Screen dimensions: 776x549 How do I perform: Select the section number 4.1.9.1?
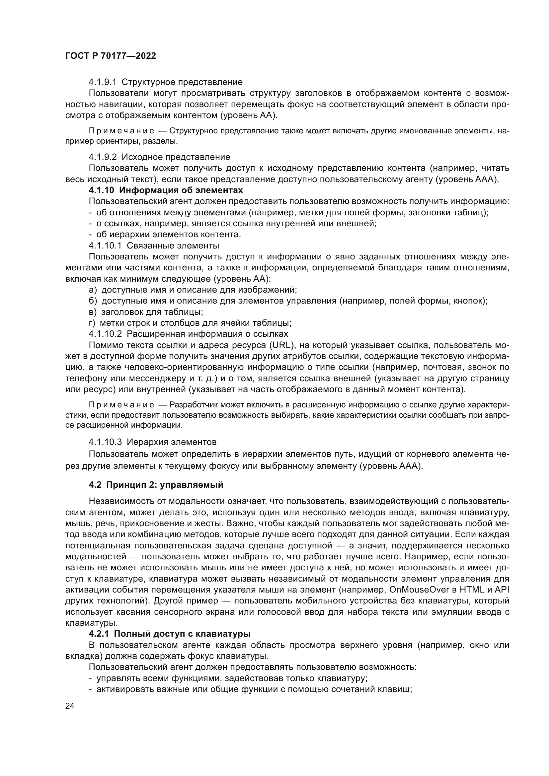coord(103,82)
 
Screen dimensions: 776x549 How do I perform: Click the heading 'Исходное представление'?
coord(176,157)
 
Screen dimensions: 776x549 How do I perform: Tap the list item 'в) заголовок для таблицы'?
coord(146,312)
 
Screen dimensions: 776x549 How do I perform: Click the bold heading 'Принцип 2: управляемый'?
coord(165,485)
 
